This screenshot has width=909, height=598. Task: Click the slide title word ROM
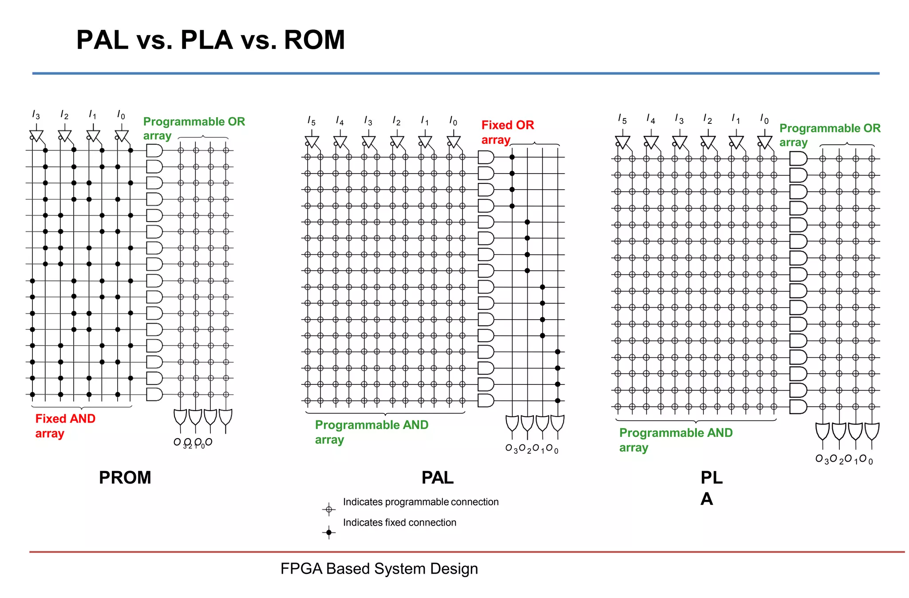[x=314, y=40]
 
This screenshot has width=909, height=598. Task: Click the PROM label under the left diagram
[x=125, y=478]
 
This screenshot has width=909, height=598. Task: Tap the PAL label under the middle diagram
[x=437, y=478]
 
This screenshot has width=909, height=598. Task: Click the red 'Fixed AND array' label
[x=65, y=426]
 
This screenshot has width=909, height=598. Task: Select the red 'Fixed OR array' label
[x=507, y=132]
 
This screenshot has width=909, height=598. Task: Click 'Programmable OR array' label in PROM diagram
[x=194, y=128]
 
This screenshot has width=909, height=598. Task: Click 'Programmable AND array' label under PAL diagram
[x=371, y=432]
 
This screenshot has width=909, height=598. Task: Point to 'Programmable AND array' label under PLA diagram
[x=675, y=440]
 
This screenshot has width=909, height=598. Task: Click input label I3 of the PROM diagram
[x=36, y=115]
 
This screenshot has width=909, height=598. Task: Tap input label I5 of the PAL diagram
[x=311, y=121]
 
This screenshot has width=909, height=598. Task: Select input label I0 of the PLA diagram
[x=764, y=119]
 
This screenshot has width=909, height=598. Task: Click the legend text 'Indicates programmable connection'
[x=420, y=502]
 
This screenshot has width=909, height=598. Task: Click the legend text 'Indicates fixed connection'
[x=399, y=523]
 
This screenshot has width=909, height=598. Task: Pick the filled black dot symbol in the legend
[x=328, y=532]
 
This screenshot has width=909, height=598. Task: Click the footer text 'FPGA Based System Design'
[x=379, y=569]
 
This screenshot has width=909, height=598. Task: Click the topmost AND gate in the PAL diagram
[x=486, y=157]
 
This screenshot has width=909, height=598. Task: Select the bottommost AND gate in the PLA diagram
[x=798, y=407]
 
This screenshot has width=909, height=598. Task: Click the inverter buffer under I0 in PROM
[x=122, y=135]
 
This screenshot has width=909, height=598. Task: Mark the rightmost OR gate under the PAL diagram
[x=557, y=423]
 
